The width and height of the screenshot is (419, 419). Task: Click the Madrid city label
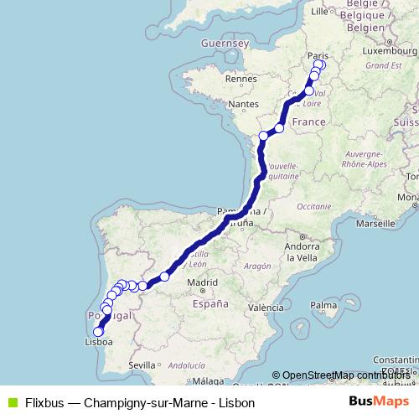coord(203,283)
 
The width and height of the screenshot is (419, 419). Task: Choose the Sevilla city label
coord(143,365)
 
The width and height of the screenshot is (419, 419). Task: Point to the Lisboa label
coord(99,342)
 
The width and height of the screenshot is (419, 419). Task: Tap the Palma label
coord(323,305)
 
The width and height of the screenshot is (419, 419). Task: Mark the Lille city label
coord(318,12)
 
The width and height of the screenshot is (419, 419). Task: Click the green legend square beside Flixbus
coord(11,403)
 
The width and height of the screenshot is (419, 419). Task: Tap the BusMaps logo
coord(379,402)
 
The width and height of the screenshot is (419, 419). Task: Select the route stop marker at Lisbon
coord(99,331)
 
